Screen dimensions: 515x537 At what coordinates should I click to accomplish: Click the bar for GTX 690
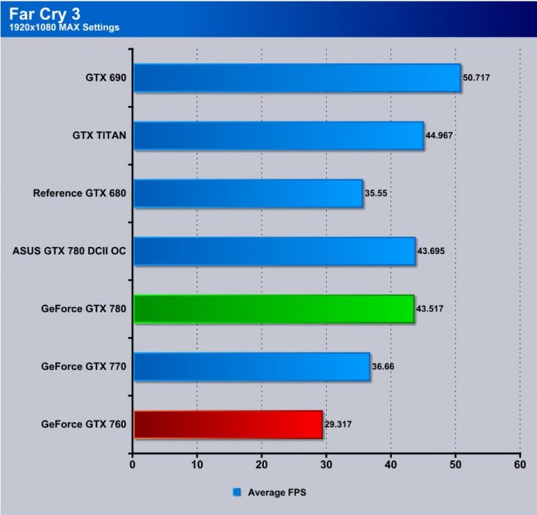(297, 78)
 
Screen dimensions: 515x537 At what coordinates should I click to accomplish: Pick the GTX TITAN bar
(278, 136)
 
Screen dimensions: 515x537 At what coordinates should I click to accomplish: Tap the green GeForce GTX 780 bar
(274, 309)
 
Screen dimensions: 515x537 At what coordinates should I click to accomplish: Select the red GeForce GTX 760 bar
(228, 424)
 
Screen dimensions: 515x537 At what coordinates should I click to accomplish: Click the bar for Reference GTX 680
(249, 193)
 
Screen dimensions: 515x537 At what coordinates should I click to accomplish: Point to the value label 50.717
(478, 78)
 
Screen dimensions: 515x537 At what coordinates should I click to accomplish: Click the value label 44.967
(441, 136)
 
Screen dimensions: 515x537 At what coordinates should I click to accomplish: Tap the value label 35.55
(377, 193)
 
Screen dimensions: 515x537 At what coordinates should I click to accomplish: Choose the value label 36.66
(386, 366)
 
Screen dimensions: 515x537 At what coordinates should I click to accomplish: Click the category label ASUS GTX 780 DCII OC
(70, 251)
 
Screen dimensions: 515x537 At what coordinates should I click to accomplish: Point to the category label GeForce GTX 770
(84, 366)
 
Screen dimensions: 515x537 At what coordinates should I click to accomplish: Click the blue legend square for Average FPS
(236, 492)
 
